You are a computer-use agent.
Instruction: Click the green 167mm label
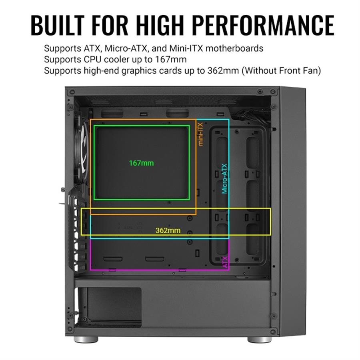pyautogui.click(x=141, y=163)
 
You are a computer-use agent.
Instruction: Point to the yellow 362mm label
pyautogui.click(x=168, y=230)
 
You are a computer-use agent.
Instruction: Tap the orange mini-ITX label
pyautogui.click(x=200, y=134)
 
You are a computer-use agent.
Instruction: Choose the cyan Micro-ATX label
pyautogui.click(x=224, y=179)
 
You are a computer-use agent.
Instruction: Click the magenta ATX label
pyautogui.click(x=226, y=262)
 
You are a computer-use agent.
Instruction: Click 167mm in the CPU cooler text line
pyautogui.click(x=171, y=60)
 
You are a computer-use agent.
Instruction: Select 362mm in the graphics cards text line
pyautogui.click(x=223, y=70)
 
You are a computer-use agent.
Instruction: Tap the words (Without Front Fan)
pyautogui.click(x=281, y=70)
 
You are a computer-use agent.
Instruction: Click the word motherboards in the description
pyautogui.click(x=234, y=48)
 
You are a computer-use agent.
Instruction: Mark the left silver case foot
pyautogui.click(x=86, y=340)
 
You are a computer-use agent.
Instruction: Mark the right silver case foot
pyautogui.click(x=260, y=340)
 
